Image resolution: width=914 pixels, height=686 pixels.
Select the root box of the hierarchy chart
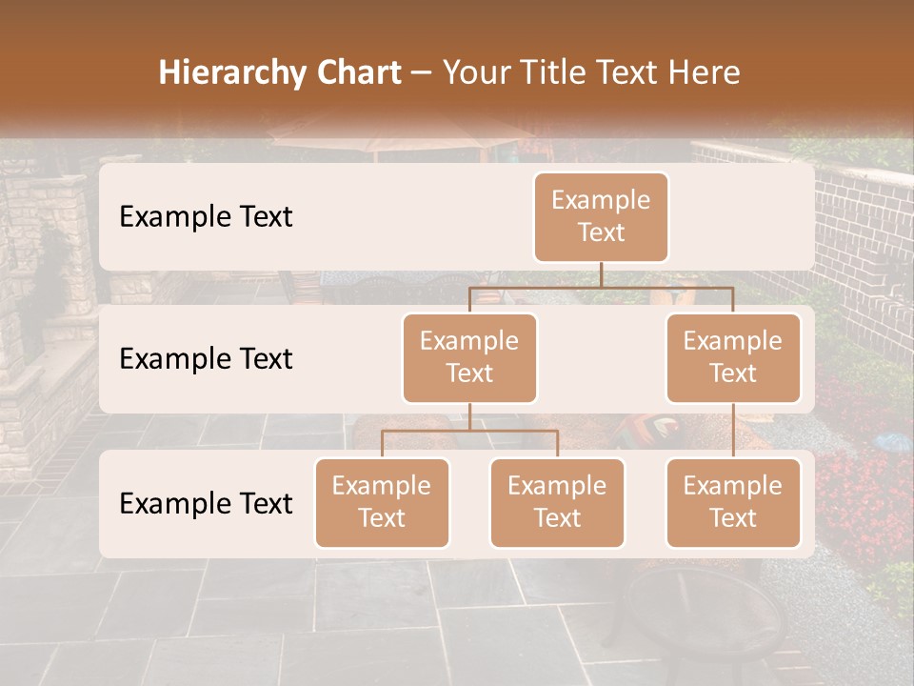[601, 216]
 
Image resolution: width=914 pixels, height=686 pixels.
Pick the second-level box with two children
[469, 357]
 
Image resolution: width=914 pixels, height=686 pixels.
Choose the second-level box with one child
[733, 357]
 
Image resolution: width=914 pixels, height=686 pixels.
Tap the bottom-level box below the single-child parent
[733, 502]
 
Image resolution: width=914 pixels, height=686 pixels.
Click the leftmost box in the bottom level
[382, 502]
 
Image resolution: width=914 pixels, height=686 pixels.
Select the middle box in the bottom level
[557, 502]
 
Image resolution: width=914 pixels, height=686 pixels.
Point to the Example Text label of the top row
[206, 217]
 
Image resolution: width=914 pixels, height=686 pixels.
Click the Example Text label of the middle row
[206, 359]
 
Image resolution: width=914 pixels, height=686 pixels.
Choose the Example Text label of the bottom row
[206, 503]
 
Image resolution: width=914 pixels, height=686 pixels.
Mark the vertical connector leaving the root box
[601, 273]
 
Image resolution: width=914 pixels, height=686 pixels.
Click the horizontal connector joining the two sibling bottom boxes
[469, 431]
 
